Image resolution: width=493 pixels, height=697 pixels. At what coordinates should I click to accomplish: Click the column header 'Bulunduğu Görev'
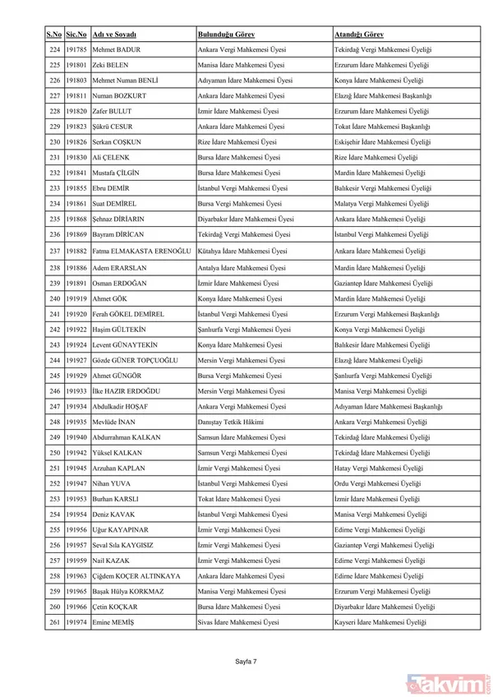pyautogui.click(x=226, y=35)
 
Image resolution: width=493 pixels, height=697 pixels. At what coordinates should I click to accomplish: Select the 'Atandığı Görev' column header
pyautogui.click(x=359, y=35)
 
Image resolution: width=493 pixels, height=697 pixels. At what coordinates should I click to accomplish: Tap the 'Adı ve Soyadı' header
pyautogui.click(x=114, y=35)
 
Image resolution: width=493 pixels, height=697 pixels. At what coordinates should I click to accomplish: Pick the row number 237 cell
pyautogui.click(x=54, y=251)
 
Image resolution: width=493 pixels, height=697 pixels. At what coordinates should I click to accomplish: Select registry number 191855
pyautogui.click(x=76, y=188)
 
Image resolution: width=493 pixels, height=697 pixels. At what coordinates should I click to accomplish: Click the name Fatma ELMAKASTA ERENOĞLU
pyautogui.click(x=141, y=251)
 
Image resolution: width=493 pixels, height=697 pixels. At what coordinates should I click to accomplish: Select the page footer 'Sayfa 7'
pyautogui.click(x=246, y=660)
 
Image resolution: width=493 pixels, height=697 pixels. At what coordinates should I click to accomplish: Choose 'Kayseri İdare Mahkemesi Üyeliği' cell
pyautogui.click(x=380, y=623)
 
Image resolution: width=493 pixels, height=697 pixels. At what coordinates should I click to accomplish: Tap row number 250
pyautogui.click(x=54, y=453)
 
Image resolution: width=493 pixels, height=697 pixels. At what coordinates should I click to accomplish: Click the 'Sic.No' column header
pyautogui.click(x=76, y=35)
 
